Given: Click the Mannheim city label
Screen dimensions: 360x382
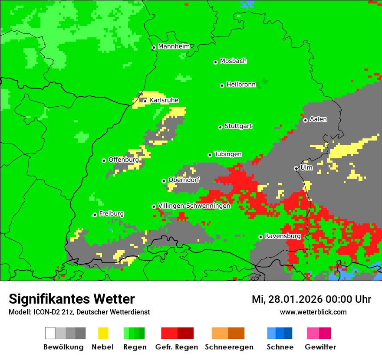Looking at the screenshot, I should tap(174, 46).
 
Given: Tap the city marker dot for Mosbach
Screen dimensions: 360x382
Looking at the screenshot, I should tap(215, 62).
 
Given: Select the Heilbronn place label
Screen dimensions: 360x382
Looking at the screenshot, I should tap(241, 85).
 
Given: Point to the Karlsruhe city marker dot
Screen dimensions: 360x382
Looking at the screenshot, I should tap(145, 101).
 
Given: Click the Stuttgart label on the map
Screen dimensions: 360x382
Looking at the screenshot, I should tap(238, 126).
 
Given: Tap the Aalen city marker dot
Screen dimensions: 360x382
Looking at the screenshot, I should tap(305, 120).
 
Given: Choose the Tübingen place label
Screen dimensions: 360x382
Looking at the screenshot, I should tap(228, 154).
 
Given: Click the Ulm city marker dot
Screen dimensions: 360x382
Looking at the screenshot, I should tap(296, 168).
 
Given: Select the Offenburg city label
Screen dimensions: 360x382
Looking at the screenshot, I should tap(124, 160).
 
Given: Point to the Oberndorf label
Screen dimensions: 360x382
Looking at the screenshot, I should tap(184, 180).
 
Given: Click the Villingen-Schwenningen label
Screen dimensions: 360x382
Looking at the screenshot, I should tap(194, 206).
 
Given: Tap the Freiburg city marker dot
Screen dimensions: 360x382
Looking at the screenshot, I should tap(95, 215).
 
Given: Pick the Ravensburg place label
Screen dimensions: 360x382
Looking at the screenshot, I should tap(283, 236).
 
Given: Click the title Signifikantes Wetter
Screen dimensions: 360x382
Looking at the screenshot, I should tap(72, 299).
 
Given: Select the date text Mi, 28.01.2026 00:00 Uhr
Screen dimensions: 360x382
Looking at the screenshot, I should tap(311, 299).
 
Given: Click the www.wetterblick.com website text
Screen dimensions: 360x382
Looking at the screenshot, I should tap(313, 312).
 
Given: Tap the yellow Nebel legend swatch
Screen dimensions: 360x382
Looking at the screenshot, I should tap(103, 333).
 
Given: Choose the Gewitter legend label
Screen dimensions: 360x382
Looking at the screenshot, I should tap(320, 347).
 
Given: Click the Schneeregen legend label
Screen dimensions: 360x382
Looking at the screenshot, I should tap(229, 347).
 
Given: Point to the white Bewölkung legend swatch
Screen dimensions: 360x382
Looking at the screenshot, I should tap(50, 333).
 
